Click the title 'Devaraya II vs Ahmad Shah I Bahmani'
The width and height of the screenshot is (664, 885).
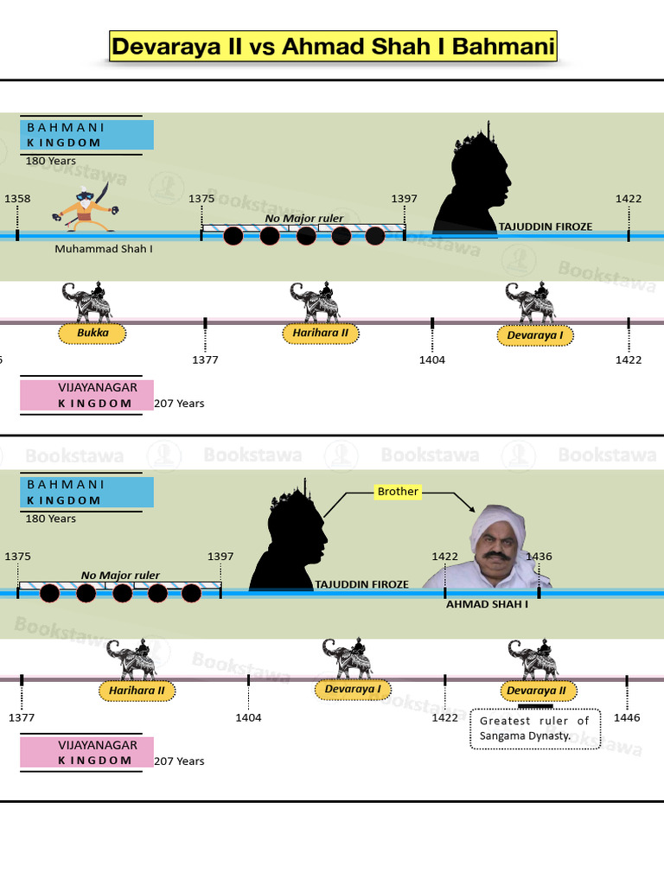coord(333,47)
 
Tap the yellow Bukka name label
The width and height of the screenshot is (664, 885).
coord(93,333)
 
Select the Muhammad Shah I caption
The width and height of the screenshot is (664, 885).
coord(104,249)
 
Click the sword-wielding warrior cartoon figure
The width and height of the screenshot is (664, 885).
coord(86,207)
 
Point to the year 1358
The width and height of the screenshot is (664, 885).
coord(17,199)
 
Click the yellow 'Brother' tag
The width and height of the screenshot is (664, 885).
coord(398,492)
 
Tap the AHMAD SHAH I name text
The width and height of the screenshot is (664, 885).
coord(488,604)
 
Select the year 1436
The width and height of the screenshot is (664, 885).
coord(539,557)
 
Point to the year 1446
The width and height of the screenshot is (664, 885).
coord(627,718)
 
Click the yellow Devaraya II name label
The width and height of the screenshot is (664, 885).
coord(536,691)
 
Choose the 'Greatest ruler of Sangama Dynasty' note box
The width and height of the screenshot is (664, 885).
coord(534,729)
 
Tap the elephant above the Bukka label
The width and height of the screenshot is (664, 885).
coord(87,302)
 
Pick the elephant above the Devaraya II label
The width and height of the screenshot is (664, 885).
coord(533,659)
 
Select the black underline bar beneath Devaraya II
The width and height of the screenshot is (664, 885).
coord(535,705)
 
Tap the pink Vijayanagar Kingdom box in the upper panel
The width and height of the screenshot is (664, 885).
coord(87,395)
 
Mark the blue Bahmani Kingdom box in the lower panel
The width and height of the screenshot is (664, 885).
coord(87,492)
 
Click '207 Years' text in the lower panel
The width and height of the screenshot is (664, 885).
coord(179,761)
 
